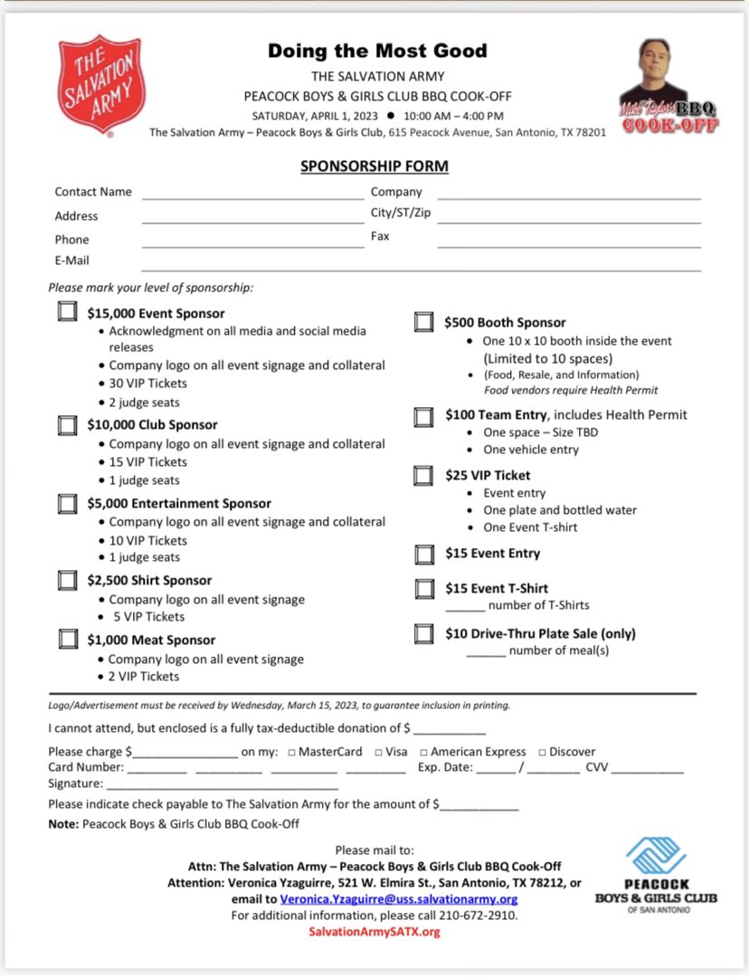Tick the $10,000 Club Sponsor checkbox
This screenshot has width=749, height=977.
tap(67, 424)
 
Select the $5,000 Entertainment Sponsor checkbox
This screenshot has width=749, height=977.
tap(67, 503)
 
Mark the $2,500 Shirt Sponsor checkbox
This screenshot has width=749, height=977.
tap(67, 580)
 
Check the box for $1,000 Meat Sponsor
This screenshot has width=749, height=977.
tap(67, 640)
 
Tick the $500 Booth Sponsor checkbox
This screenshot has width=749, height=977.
tap(423, 322)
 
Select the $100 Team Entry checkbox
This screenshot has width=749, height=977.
tap(423, 416)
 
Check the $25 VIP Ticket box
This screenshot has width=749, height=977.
tap(423, 476)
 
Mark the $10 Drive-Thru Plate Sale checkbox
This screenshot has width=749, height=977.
tap(423, 633)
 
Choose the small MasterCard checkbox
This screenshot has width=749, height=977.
tap(291, 753)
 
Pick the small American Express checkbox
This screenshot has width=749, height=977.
tap(423, 753)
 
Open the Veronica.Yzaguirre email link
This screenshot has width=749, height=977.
tap(398, 899)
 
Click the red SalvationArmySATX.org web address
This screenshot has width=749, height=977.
tap(374, 932)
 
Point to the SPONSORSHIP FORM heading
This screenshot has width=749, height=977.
tap(374, 166)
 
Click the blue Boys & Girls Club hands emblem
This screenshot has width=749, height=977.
tap(656, 856)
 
